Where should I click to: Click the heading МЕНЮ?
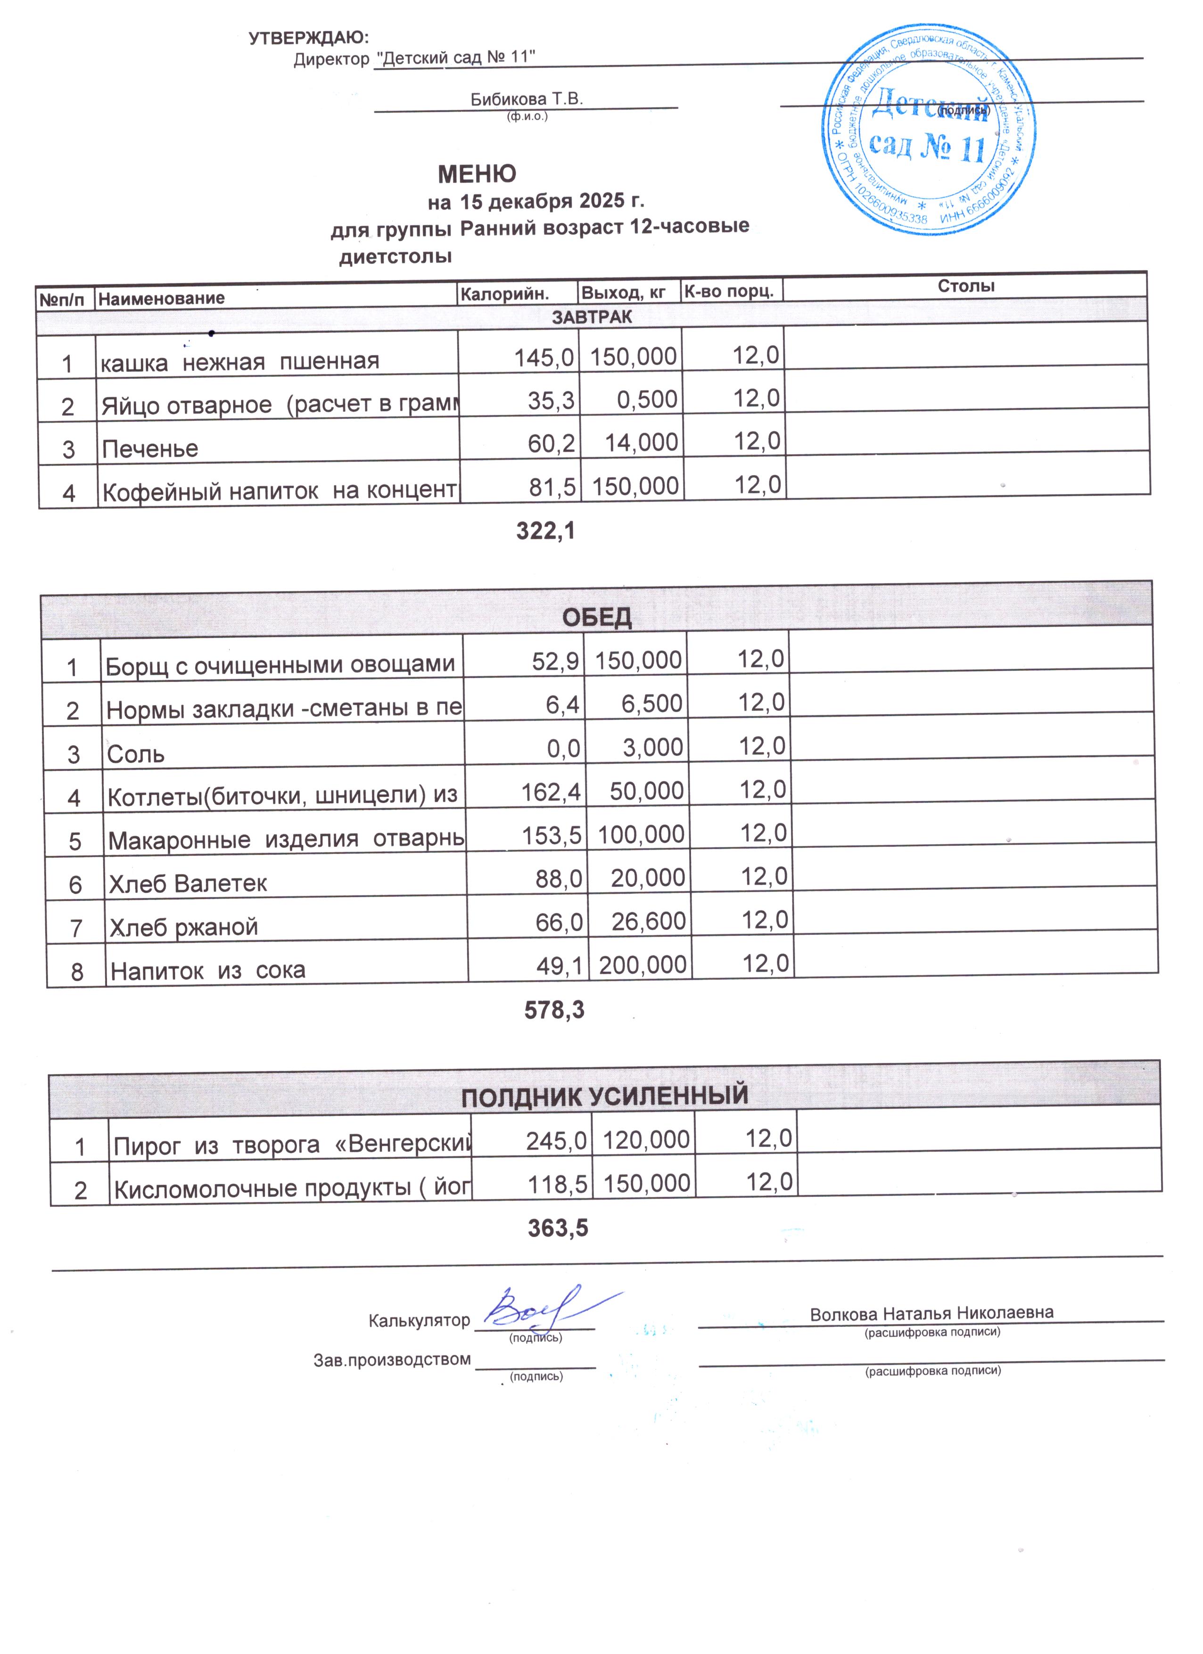click(477, 173)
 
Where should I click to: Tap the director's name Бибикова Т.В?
click(526, 99)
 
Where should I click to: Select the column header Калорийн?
click(504, 293)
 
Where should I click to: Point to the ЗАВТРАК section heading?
click(592, 317)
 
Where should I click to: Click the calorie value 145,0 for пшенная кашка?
click(544, 357)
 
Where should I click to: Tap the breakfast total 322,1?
click(546, 531)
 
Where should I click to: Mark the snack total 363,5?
click(558, 1228)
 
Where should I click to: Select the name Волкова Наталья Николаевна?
click(931, 1313)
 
